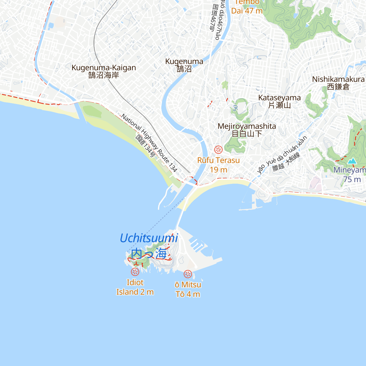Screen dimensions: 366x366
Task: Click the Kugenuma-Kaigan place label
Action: (104, 68)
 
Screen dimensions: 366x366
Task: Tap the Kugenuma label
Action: (184, 62)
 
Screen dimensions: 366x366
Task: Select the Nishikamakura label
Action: (338, 79)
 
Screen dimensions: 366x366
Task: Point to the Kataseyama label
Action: (279, 98)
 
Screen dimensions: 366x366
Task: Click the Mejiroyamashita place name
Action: (247, 126)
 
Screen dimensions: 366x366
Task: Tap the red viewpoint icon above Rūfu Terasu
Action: (218, 149)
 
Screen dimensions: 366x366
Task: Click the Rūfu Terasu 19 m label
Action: (218, 165)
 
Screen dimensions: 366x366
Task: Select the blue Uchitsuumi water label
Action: (149, 238)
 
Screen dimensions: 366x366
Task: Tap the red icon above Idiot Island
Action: (135, 272)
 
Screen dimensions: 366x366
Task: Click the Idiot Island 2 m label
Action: (135, 287)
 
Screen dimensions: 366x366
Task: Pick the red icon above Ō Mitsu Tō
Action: (188, 274)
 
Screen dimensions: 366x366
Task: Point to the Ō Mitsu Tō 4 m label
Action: (188, 289)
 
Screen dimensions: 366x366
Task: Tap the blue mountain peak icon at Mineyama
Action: (353, 161)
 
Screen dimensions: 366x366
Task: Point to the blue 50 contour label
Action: (235, 108)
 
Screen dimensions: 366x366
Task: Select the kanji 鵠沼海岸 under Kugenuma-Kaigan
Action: (104, 75)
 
